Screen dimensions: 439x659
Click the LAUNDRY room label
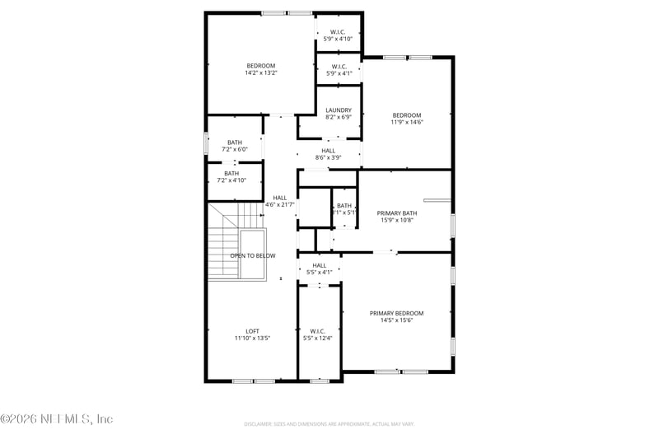(339, 110)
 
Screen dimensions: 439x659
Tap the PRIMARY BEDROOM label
(396, 313)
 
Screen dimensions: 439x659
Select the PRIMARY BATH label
(396, 212)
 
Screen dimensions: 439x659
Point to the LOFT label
(252, 331)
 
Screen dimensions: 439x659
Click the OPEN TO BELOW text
(252, 256)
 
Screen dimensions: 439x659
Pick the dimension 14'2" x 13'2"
(260, 73)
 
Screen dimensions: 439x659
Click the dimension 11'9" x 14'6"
(406, 123)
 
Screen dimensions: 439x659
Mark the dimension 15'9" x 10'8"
(396, 220)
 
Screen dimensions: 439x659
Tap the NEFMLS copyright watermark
(57, 419)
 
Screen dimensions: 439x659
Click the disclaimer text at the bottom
(329, 424)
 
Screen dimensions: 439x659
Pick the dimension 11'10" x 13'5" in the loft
(252, 339)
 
